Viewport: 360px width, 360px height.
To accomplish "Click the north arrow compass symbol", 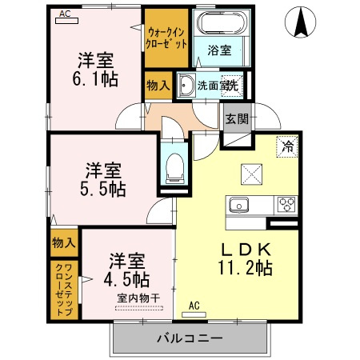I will [302, 22].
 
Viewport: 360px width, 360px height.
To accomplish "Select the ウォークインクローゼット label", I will [166, 37].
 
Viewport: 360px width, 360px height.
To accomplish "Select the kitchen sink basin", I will [239, 206].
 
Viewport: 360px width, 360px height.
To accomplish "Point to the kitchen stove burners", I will [286, 205].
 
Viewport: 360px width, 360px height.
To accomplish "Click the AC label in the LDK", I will [194, 306].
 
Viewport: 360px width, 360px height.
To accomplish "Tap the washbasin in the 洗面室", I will [186, 85].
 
